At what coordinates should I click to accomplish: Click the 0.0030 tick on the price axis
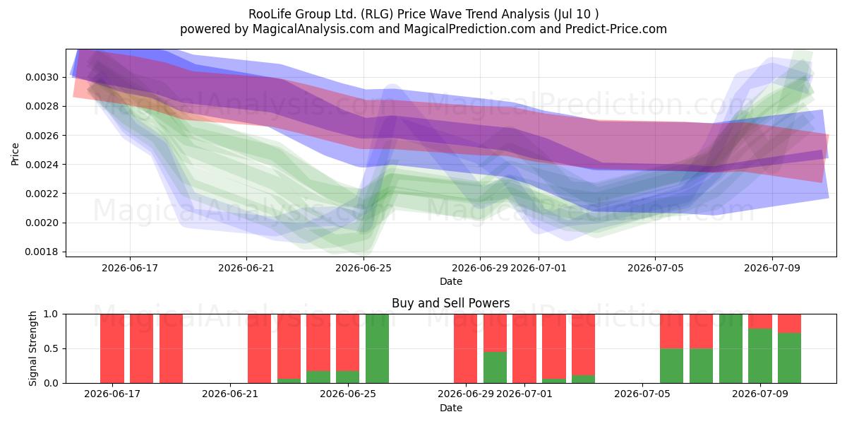(42, 77)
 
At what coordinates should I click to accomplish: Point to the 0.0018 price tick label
(42, 252)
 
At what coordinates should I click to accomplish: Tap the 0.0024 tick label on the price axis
(42, 165)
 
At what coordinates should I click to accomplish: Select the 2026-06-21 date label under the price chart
(246, 268)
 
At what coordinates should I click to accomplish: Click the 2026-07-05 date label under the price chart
(655, 268)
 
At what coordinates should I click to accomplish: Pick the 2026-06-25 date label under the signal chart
(348, 394)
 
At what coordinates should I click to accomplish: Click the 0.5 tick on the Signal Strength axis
(51, 348)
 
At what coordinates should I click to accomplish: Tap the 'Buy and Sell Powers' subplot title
(451, 303)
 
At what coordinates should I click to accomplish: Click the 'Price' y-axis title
(15, 154)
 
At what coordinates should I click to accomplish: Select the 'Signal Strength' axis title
(32, 348)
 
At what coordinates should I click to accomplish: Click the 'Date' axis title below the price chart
(451, 281)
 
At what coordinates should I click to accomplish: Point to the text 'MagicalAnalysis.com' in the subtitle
(313, 29)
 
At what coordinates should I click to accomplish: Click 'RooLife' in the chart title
(270, 14)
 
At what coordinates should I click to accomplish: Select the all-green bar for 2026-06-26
(377, 348)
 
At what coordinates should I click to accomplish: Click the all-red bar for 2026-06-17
(112, 348)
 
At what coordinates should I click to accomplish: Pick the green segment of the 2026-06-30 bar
(495, 367)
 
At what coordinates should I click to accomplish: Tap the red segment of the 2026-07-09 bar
(760, 322)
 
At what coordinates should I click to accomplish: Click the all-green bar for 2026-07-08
(731, 348)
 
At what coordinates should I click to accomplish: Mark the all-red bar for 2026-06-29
(465, 348)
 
